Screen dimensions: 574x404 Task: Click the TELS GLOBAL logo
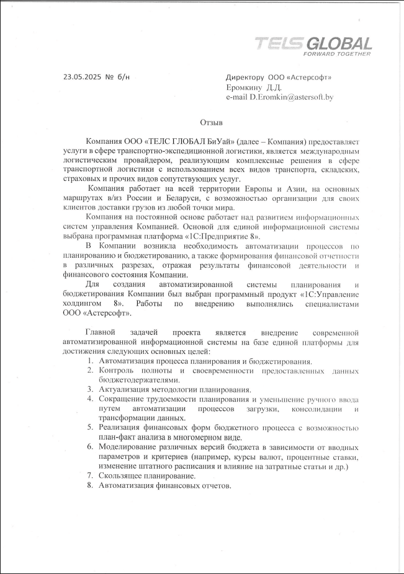pyautogui.click(x=313, y=43)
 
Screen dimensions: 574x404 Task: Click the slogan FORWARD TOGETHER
pyautogui.click(x=337, y=54)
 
